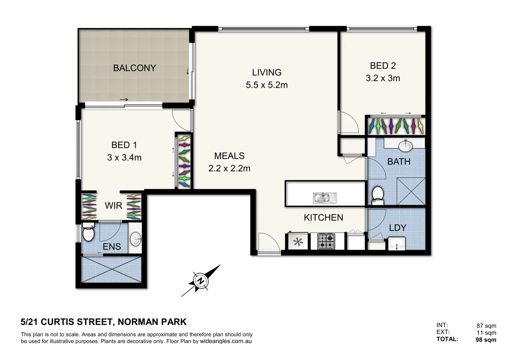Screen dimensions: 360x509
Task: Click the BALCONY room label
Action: coord(134,68)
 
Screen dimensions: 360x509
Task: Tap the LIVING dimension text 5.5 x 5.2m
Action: coord(267,85)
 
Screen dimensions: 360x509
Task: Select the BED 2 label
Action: coord(383,66)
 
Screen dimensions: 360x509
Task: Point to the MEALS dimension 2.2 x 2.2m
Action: coord(229,168)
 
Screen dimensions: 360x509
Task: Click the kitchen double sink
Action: coord(324,198)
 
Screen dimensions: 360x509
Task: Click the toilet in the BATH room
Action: coord(378,195)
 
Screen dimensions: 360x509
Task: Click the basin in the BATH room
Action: coord(405,146)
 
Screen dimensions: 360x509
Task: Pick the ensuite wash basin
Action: coord(136,239)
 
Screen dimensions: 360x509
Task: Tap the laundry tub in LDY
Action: coord(397,244)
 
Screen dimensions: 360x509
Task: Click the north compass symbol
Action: coord(201,281)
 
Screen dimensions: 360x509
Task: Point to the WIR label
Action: coord(113,206)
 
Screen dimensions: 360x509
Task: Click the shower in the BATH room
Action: coord(411,191)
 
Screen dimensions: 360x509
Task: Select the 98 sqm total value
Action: coord(486,340)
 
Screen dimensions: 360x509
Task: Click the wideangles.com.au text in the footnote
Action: coord(226,341)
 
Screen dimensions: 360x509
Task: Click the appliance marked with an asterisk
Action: coord(298,242)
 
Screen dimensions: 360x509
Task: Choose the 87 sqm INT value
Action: coord(486,326)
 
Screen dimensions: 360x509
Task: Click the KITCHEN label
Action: coord(323,218)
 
